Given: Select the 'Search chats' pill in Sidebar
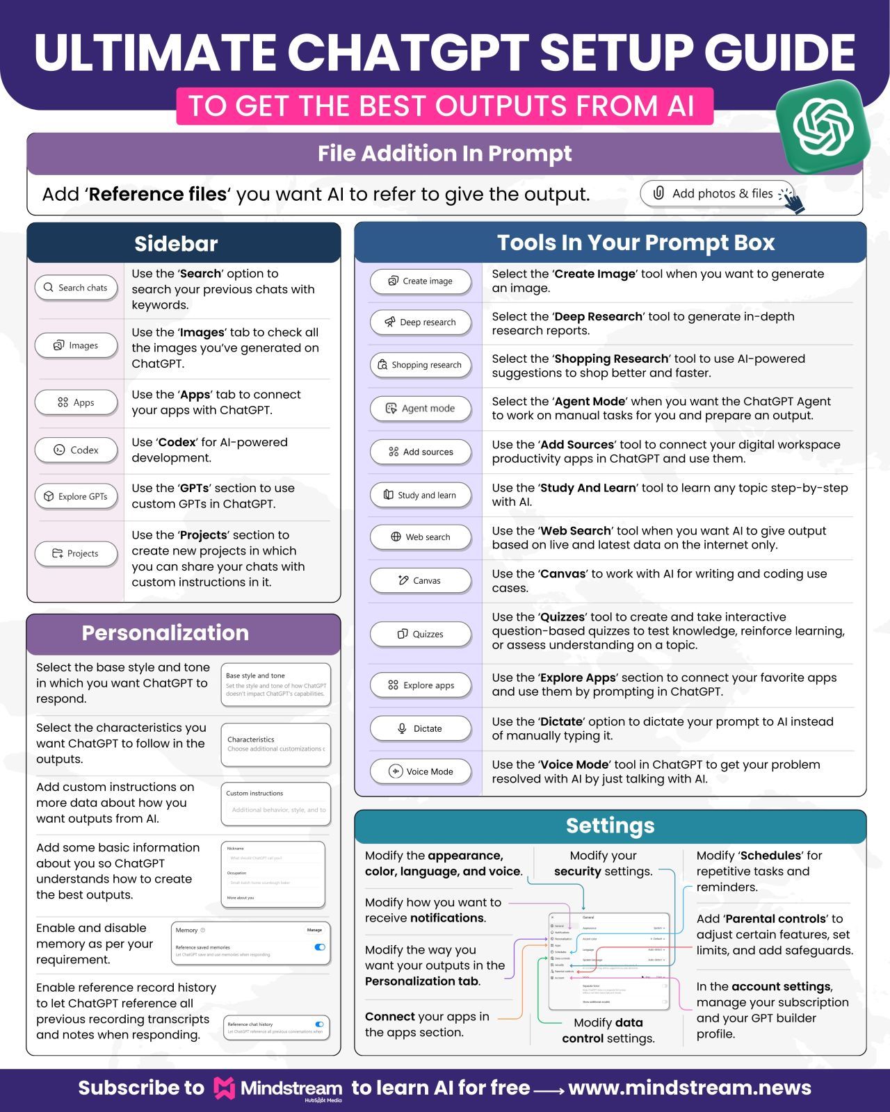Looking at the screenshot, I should coord(76,287).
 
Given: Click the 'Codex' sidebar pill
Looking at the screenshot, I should coord(76,450).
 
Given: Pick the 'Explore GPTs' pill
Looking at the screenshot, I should coord(76,496).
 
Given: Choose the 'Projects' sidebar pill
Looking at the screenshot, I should coord(76,553).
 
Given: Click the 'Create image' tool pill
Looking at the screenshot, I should coord(420,281).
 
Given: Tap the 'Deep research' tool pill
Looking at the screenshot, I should coord(420,322).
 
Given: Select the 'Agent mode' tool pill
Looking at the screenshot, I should coord(420,408).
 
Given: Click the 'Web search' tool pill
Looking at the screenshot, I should coord(420,537).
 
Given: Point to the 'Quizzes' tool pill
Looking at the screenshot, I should coord(420,634).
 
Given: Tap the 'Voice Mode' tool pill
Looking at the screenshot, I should coord(420,771).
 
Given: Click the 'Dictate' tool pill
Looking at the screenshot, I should coord(420,728).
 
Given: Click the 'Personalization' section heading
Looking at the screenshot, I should coord(165,632).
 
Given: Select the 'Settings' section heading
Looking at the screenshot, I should coord(610,825).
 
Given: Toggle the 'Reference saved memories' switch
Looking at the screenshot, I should coord(320,947).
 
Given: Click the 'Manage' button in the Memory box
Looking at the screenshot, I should coord(314,930).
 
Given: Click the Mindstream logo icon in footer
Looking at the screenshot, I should coord(224,1088).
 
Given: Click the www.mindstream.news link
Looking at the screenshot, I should coord(689,1088).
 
